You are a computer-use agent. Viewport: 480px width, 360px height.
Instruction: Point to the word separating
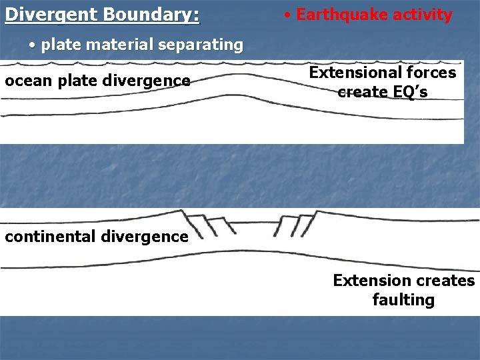pyautogui.click(x=199, y=45)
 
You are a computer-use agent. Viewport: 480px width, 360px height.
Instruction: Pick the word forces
pyautogui.click(x=433, y=73)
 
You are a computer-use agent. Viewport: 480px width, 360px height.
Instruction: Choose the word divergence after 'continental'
pyautogui.click(x=148, y=237)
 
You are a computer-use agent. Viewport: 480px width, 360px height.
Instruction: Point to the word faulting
pyautogui.click(x=403, y=300)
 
